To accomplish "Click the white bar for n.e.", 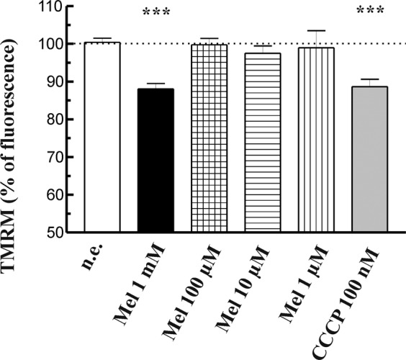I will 102,137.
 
